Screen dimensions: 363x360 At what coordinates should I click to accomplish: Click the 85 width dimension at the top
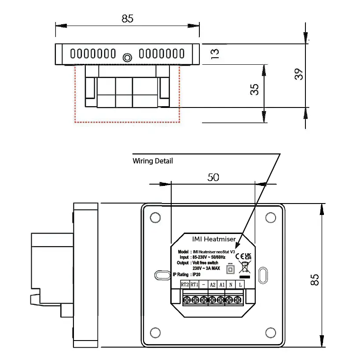(127, 19)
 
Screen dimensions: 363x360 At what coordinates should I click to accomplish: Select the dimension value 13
(214, 54)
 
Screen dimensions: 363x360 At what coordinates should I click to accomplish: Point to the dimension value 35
(254, 89)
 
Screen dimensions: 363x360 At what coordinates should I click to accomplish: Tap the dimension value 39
(299, 74)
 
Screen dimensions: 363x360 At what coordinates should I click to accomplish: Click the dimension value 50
(213, 177)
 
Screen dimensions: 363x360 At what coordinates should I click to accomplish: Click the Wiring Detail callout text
(153, 161)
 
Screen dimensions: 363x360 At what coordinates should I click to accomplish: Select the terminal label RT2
(185, 285)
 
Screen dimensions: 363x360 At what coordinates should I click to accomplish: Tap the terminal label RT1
(194, 285)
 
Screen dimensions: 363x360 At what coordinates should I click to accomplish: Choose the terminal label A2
(213, 285)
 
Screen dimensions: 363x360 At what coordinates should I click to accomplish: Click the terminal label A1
(222, 285)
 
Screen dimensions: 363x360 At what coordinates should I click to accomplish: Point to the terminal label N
(231, 285)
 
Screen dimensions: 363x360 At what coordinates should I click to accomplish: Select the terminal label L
(240, 285)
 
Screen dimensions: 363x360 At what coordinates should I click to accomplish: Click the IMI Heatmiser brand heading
(214, 239)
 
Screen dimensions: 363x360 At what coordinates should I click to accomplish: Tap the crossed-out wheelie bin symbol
(244, 267)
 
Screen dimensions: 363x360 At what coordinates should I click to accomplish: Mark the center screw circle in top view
(128, 57)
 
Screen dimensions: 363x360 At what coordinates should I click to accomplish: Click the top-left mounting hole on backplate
(155, 218)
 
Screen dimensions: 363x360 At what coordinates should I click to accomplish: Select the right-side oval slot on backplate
(263, 275)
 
